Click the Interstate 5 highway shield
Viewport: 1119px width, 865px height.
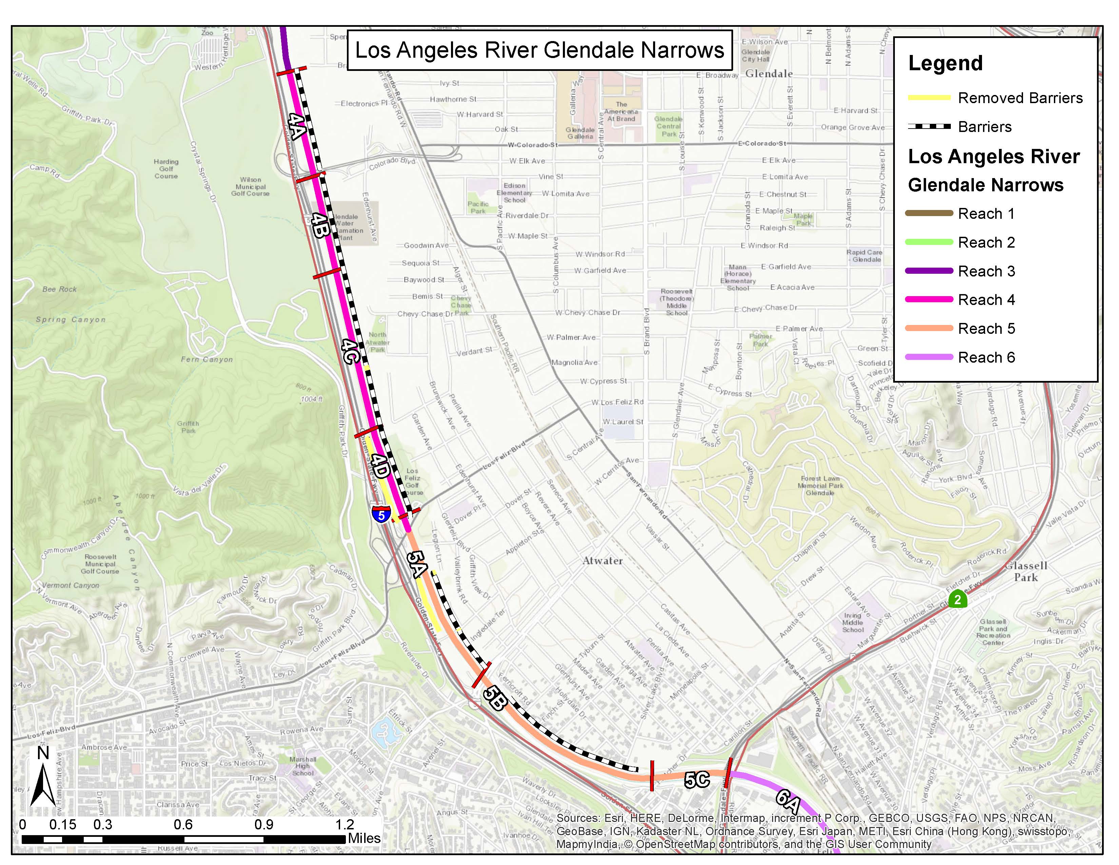coord(381,514)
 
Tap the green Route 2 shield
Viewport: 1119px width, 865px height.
coord(957,599)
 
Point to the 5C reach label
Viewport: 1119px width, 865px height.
coord(697,780)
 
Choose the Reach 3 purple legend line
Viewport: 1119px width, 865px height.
coord(928,271)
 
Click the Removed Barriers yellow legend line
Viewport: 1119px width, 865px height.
coord(928,97)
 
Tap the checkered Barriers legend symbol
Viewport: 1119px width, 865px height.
coord(928,126)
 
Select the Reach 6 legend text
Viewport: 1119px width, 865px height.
coord(986,357)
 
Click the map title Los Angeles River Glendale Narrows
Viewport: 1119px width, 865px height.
coord(539,50)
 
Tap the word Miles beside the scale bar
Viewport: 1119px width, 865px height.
coord(364,838)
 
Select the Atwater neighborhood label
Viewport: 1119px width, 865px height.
coord(603,561)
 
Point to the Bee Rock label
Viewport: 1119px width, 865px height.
coord(59,289)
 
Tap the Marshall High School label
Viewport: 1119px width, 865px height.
coord(303,766)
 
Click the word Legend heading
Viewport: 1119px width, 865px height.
coord(945,63)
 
